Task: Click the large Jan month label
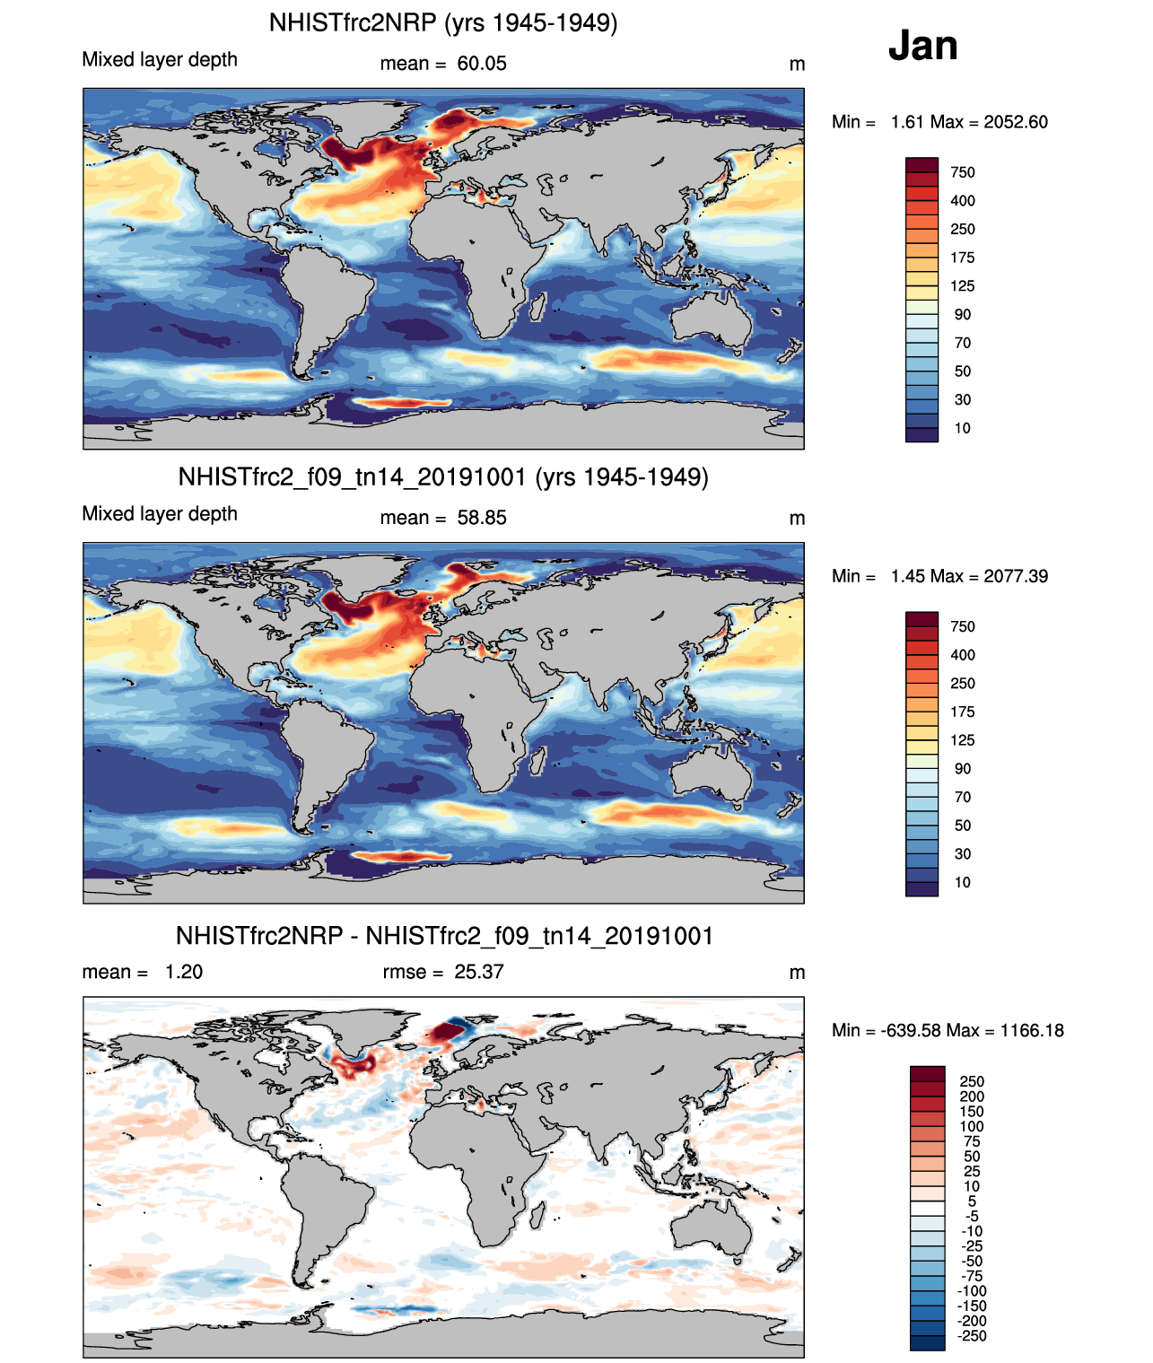click(922, 46)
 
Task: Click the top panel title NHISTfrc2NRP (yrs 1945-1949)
click(443, 22)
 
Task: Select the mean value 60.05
click(482, 64)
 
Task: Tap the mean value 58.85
click(482, 518)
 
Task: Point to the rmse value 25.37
click(479, 972)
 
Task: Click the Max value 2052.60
click(1015, 122)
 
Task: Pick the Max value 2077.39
click(1015, 576)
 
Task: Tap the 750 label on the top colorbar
click(963, 172)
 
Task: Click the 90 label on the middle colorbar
click(963, 769)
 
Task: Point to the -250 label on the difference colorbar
click(972, 1336)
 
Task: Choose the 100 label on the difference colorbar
click(972, 1126)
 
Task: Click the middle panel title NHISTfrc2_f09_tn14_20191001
click(443, 476)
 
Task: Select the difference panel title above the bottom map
click(444, 936)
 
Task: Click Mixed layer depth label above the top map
click(160, 59)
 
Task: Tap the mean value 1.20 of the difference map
click(184, 972)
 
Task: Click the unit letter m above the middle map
click(797, 519)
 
